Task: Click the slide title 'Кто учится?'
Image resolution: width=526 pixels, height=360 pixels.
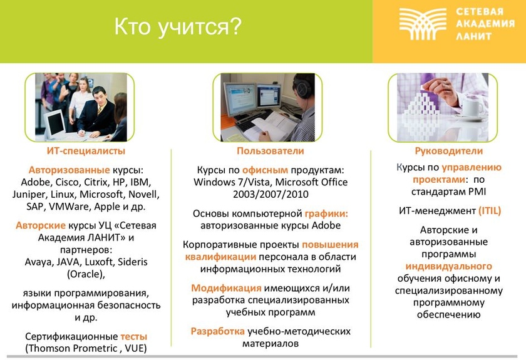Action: (x=178, y=27)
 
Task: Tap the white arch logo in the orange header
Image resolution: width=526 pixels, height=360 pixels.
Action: (x=423, y=24)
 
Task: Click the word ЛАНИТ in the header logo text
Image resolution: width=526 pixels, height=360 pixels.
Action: (x=473, y=36)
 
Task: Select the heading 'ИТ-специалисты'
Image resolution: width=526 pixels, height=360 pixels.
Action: (x=86, y=151)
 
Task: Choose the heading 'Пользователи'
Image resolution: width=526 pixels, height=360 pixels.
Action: (x=271, y=151)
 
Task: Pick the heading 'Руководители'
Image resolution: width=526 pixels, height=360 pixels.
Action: (x=449, y=151)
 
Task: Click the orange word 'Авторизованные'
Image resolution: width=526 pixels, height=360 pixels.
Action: (x=69, y=170)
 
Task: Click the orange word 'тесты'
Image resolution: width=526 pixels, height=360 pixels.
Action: (x=134, y=336)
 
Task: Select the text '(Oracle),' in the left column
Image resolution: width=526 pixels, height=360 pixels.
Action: (x=86, y=274)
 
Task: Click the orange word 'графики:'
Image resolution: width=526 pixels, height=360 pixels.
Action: (x=326, y=213)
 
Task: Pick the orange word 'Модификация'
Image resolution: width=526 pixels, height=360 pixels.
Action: (x=226, y=288)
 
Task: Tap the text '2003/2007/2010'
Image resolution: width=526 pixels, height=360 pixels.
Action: (x=271, y=194)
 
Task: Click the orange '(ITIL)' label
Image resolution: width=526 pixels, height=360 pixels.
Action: (x=490, y=211)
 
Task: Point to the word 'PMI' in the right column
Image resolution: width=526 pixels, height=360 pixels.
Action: (x=477, y=192)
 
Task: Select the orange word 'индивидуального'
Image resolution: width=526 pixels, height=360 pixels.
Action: (x=449, y=266)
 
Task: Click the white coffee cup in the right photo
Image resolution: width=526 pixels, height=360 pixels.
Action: (x=473, y=108)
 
